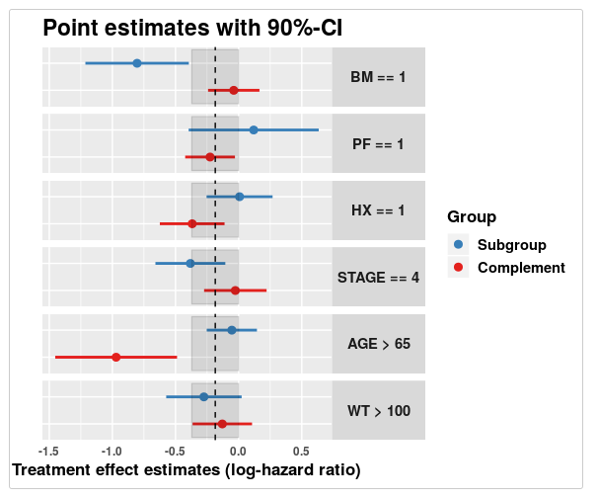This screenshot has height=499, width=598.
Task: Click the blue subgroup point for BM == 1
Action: pyautogui.click(x=137, y=63)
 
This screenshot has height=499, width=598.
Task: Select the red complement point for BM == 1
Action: pyautogui.click(x=234, y=90)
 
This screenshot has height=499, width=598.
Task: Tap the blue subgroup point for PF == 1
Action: pyautogui.click(x=254, y=130)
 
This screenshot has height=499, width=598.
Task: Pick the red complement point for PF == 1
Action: pyautogui.click(x=210, y=157)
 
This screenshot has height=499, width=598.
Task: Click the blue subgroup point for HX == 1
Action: pyautogui.click(x=240, y=197)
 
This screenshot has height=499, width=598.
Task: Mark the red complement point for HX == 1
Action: pyautogui.click(x=192, y=224)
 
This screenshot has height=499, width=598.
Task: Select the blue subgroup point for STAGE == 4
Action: pyautogui.click(x=190, y=264)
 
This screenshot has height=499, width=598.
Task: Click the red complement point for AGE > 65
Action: pyautogui.click(x=116, y=357)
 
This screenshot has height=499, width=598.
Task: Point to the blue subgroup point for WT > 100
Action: pyautogui.click(x=204, y=397)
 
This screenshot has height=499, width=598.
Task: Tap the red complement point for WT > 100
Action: pyautogui.click(x=222, y=424)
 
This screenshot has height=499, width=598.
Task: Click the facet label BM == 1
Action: pyautogui.click(x=378, y=77)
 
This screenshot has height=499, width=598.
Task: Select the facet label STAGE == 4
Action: pyautogui.click(x=378, y=278)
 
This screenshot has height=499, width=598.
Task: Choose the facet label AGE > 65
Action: pyautogui.click(x=378, y=344)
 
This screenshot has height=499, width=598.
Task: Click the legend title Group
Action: pyautogui.click(x=472, y=216)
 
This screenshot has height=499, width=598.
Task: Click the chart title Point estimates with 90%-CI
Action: pyautogui.click(x=192, y=29)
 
